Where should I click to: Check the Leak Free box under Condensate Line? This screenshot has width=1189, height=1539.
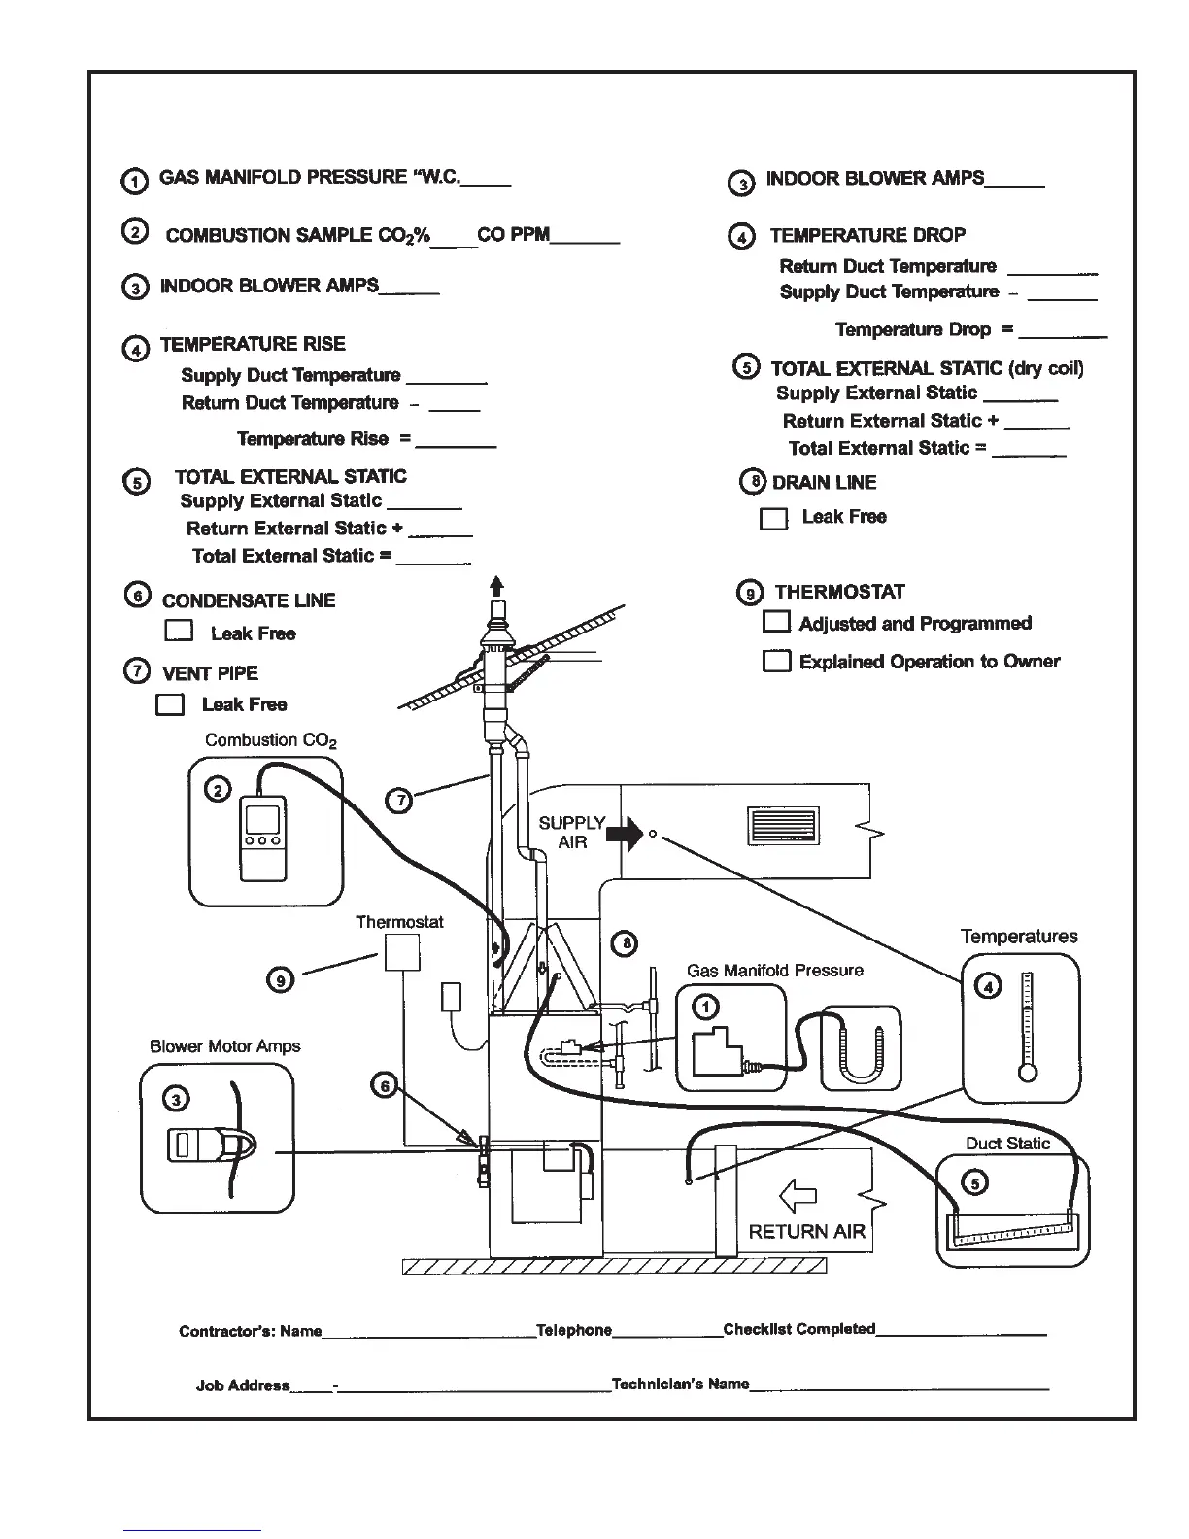tap(179, 632)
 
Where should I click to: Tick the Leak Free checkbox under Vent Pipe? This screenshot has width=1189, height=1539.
tap(170, 704)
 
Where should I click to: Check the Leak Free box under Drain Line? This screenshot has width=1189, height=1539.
tap(773, 519)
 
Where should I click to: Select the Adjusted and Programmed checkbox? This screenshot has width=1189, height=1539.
tap(776, 622)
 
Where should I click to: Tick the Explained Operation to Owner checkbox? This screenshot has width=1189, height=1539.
tap(776, 662)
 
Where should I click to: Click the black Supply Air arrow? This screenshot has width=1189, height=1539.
tap(625, 833)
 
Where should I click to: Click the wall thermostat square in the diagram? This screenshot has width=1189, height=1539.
tap(402, 951)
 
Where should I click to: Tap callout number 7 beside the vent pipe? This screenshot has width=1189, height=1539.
tap(399, 800)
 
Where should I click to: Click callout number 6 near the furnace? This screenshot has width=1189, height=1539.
tap(386, 1085)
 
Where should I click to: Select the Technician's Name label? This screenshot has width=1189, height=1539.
tap(680, 1384)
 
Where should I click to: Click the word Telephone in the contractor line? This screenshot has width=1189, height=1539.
tap(574, 1330)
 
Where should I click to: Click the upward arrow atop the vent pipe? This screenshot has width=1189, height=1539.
tap(497, 586)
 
